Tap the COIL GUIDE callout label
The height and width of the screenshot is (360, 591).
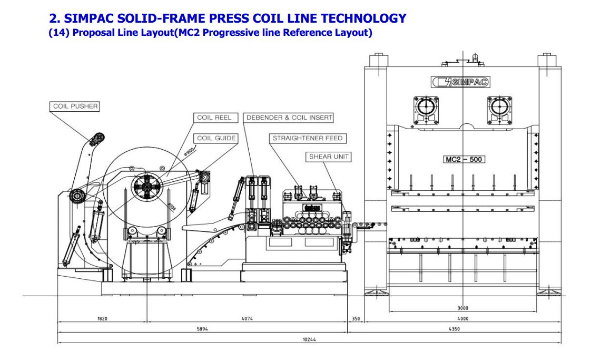tap(216, 138)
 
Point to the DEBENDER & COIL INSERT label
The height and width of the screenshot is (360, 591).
tap(289, 117)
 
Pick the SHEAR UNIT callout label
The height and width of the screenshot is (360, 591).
tap(329, 157)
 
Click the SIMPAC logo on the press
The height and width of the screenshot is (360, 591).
tap(460, 82)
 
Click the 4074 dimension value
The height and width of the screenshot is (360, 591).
tap(247, 318)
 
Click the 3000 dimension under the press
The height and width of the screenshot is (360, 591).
tap(463, 308)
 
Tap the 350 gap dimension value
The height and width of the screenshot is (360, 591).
tap(356, 318)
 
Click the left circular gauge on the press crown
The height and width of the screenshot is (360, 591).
tap(426, 108)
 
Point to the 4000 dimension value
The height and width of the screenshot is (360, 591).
tap(463, 318)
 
